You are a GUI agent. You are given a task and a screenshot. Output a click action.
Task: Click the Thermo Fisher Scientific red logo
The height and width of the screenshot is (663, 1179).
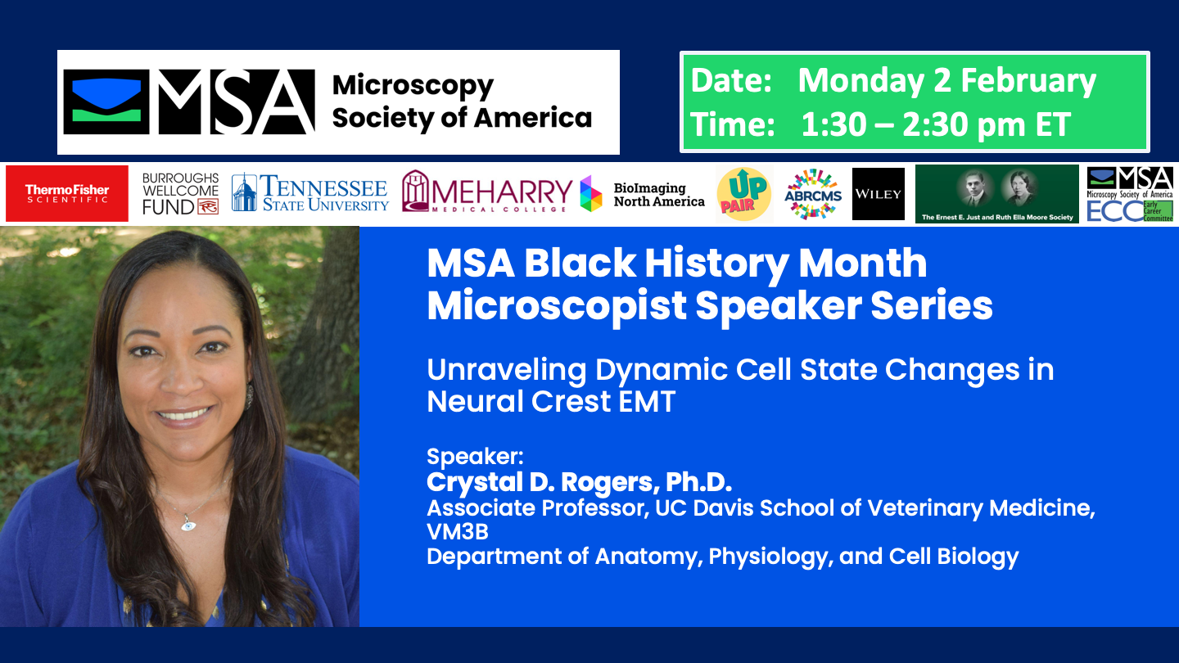tap(67, 193)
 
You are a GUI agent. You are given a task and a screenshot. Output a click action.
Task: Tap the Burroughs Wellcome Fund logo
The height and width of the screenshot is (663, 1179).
tap(180, 194)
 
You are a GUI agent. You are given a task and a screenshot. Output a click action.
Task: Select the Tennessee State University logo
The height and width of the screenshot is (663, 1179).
tap(310, 193)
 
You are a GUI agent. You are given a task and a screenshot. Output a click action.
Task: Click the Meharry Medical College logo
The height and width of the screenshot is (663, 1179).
tap(487, 194)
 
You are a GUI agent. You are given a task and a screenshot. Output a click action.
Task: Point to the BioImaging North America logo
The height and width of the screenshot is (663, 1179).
tap(643, 194)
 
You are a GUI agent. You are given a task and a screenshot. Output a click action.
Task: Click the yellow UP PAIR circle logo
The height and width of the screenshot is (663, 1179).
tap(743, 194)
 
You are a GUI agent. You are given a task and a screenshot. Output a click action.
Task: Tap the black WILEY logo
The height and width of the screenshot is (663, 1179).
tap(878, 194)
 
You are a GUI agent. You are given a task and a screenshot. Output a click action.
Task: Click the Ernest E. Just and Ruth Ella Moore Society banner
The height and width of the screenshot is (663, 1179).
tap(996, 194)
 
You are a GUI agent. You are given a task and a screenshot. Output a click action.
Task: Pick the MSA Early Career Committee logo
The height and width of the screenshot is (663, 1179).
tap(1130, 194)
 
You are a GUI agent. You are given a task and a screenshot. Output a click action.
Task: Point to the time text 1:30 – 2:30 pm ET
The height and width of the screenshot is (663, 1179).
tap(935, 124)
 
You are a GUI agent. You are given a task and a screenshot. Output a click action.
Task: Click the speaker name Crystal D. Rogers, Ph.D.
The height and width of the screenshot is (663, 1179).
tap(579, 482)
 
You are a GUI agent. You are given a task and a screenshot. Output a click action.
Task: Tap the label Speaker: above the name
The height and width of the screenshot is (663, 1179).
tap(475, 456)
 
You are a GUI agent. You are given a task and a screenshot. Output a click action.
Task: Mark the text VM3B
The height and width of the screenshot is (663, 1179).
tap(458, 532)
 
